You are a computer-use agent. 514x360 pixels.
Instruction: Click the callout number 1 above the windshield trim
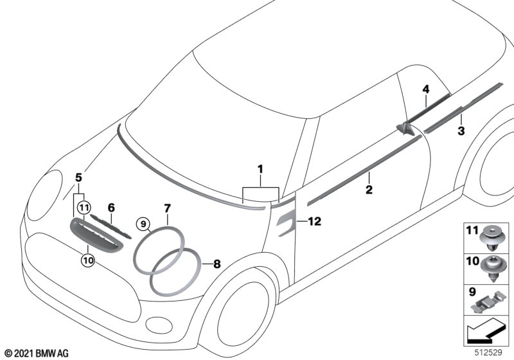(x=261, y=169)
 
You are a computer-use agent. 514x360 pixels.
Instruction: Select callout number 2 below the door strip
(x=369, y=190)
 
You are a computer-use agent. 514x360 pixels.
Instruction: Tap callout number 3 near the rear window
(x=460, y=132)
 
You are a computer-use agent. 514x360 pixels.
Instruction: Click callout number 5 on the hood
(x=79, y=176)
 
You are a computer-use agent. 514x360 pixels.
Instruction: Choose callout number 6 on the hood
(x=111, y=208)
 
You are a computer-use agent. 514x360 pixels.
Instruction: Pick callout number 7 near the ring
(x=167, y=208)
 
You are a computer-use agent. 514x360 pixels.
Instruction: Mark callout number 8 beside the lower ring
(x=217, y=264)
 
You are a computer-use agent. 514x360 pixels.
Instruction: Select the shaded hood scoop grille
(x=95, y=234)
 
